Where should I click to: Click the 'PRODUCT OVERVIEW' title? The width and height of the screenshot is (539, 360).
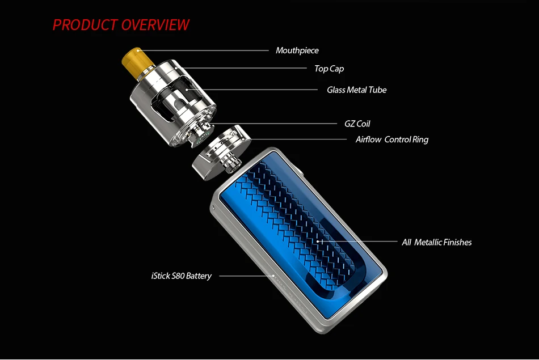coord(121,25)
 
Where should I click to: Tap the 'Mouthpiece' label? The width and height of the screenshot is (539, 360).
coord(297,50)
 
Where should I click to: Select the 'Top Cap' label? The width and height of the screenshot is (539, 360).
coord(329,69)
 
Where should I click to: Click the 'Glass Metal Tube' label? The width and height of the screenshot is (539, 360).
coord(356,90)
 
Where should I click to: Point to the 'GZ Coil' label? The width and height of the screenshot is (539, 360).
coord(357,124)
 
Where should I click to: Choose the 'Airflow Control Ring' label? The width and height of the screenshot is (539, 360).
coord(392,139)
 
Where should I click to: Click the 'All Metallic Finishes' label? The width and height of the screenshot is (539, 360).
coord(436,242)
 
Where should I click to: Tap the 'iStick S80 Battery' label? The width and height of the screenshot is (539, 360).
coord(182,276)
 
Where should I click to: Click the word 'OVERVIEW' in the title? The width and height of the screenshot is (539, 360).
coord(155,25)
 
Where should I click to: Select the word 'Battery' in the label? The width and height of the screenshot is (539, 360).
coord(199,276)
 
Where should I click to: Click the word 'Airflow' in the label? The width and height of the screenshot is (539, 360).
coord(368,139)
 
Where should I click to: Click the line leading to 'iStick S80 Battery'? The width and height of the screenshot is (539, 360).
coord(244,276)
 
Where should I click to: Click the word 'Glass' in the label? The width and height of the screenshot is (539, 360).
coord(335,90)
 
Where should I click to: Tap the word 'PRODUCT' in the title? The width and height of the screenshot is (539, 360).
coord(85,25)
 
